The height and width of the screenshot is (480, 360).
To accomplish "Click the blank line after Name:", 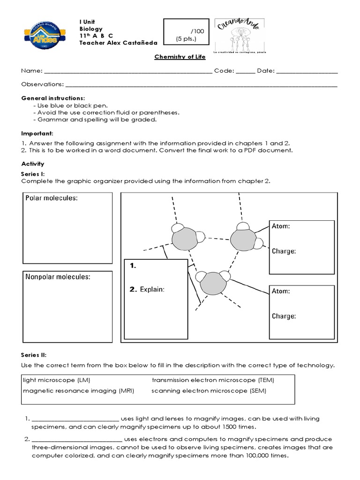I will point(127,72).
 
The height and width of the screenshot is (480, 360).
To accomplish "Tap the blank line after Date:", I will point(307,72).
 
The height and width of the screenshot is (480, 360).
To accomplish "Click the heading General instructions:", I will point(53,98).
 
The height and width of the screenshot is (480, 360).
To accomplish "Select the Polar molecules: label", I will point(51,198).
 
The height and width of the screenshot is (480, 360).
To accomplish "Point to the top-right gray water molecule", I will point(242,239).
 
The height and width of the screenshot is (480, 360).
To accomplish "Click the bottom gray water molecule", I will point(212,284).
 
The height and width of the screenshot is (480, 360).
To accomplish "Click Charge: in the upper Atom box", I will point(284,251).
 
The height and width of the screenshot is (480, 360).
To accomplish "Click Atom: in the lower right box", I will point(281,292).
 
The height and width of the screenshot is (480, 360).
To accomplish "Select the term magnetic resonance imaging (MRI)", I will point(78,390).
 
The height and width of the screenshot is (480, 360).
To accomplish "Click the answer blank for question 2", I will point(77,440).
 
